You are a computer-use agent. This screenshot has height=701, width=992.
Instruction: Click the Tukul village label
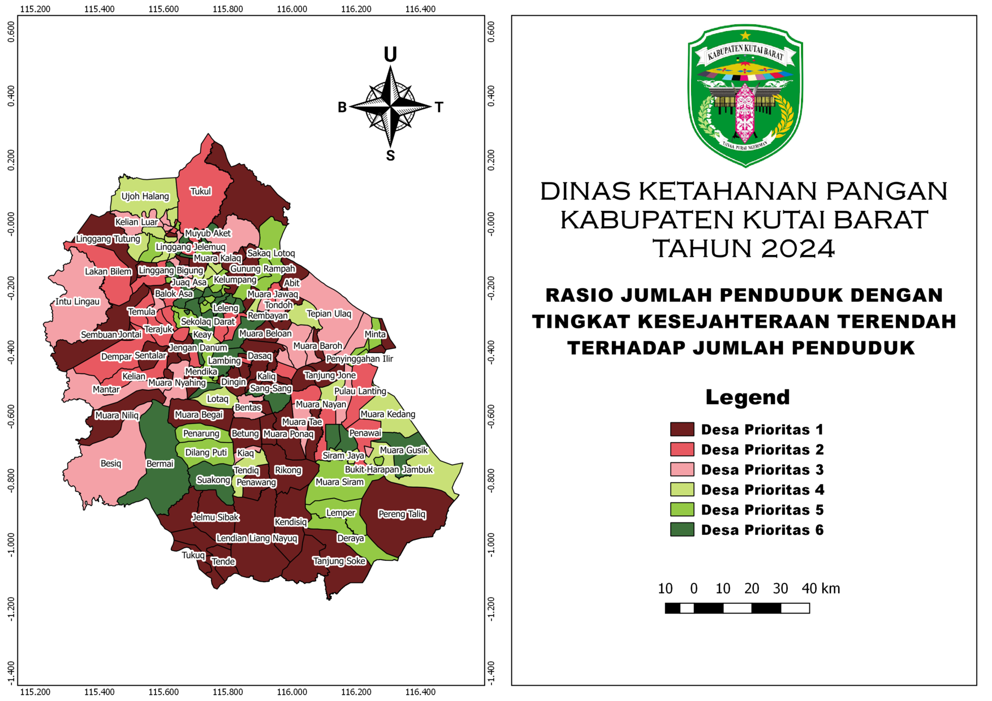pyautogui.click(x=200, y=192)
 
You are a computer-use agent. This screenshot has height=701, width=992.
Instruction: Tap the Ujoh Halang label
pyautogui.click(x=145, y=196)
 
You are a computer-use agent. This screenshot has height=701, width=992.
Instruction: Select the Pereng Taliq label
pyautogui.click(x=402, y=514)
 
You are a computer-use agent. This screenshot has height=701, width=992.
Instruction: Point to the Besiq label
pyautogui.click(x=111, y=464)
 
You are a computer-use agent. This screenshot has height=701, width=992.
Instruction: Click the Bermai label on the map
pyautogui.click(x=160, y=464)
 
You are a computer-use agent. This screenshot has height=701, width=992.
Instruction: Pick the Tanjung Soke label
pyautogui.click(x=339, y=561)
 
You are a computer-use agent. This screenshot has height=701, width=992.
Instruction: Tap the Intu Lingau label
pyautogui.click(x=77, y=301)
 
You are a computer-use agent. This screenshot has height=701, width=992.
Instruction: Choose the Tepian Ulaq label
pyautogui.click(x=329, y=314)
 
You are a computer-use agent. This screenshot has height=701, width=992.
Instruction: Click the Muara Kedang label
pyautogui.click(x=388, y=414)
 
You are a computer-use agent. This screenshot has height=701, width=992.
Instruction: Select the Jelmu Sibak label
pyautogui.click(x=215, y=517)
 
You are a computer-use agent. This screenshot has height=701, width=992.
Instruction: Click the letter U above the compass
pyautogui.click(x=390, y=55)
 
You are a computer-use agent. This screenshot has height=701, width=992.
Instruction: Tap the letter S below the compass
pyautogui.click(x=390, y=156)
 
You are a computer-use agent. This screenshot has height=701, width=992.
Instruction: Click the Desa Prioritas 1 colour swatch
pyautogui.click(x=682, y=430)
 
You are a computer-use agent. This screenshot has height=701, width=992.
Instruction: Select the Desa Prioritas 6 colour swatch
pyautogui.click(x=682, y=530)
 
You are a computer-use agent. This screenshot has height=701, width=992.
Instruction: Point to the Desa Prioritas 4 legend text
pyautogui.click(x=762, y=490)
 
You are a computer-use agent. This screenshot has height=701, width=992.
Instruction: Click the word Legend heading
pyautogui.click(x=747, y=397)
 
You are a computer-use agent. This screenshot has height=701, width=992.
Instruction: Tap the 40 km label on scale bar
pyautogui.click(x=821, y=589)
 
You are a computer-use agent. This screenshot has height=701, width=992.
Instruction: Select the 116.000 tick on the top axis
pyautogui.click(x=292, y=9)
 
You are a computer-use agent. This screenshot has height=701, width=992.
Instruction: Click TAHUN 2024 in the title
pyautogui.click(x=744, y=248)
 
